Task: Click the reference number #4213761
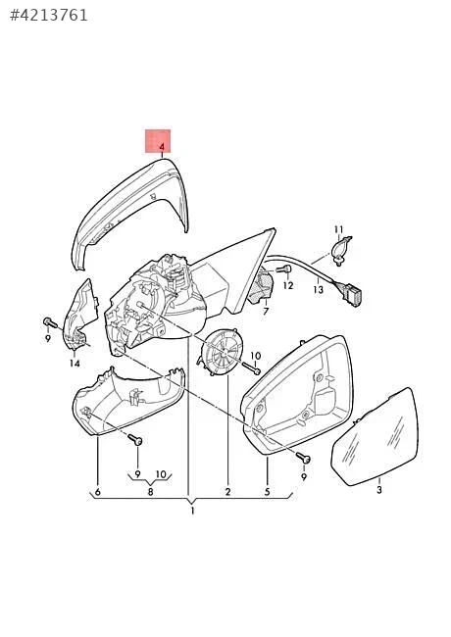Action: (x=48, y=16)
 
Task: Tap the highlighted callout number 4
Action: (x=162, y=146)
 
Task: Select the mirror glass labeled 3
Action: (x=376, y=436)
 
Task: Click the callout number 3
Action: (x=379, y=490)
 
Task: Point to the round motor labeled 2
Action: (x=221, y=352)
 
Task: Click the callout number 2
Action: (x=227, y=492)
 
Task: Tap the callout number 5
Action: (x=267, y=492)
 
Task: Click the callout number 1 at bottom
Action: (x=192, y=511)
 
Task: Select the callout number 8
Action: (x=150, y=492)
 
